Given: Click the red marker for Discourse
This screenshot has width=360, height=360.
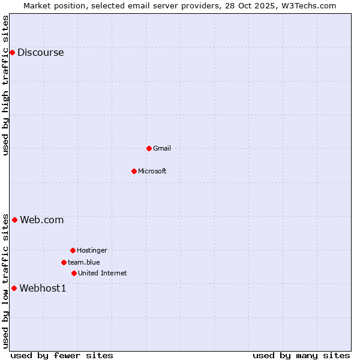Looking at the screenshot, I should coord(12,52).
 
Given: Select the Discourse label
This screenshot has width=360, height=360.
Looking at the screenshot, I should coord(40,52).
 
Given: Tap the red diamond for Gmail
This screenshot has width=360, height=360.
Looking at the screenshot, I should coord(149,148).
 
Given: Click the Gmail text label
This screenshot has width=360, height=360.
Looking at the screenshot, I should coord(162,148).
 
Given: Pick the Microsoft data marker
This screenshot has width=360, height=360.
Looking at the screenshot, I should coord(134,171).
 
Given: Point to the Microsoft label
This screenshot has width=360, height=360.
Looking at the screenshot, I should coord(152,171).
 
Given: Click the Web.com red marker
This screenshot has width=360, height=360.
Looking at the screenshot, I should coord(14,220).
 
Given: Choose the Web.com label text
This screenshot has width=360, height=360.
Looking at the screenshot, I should coord(41,220).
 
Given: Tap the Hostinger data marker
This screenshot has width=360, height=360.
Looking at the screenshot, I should coord(73,250).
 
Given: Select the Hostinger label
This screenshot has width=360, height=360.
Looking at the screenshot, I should coord(92,250).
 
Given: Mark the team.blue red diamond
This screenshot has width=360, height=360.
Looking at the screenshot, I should coord(64,262).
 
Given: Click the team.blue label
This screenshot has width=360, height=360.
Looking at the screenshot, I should coord(83,262).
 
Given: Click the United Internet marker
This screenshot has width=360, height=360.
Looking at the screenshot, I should coord(74,273).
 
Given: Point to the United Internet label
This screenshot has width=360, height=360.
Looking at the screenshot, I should coord(102,273).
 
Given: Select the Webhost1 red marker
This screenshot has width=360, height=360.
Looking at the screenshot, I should coord(14,288).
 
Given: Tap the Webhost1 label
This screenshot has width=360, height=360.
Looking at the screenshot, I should coord(43,288).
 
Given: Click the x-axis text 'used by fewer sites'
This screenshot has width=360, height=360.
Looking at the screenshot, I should coord(62,355).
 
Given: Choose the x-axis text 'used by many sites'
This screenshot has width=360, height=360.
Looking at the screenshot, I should coord(301,355).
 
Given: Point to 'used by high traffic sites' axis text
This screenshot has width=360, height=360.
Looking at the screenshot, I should coord(5,85).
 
